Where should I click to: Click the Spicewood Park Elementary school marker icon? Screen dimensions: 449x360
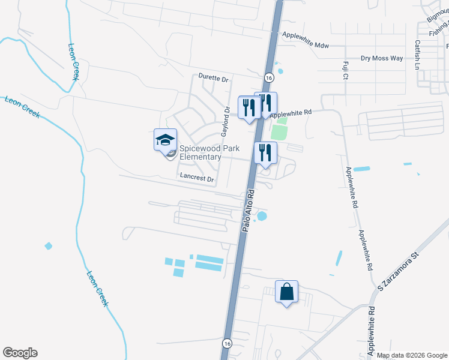[x=165, y=142]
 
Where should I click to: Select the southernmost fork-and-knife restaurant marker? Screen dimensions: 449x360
[x=265, y=154]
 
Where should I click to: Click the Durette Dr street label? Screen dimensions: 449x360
[x=214, y=79]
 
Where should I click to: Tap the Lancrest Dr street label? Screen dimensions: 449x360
[x=197, y=178]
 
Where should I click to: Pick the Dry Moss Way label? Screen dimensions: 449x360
[x=382, y=58]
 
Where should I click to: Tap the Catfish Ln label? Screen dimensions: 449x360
[x=417, y=55]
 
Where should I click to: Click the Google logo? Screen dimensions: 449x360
[x=20, y=353]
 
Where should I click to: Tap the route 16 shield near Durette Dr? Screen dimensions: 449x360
[x=268, y=78]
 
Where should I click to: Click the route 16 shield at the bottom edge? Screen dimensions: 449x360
[x=226, y=343]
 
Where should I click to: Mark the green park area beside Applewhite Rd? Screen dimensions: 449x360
[x=279, y=130]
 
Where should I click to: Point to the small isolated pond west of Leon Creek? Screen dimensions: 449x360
[x=48, y=246]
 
